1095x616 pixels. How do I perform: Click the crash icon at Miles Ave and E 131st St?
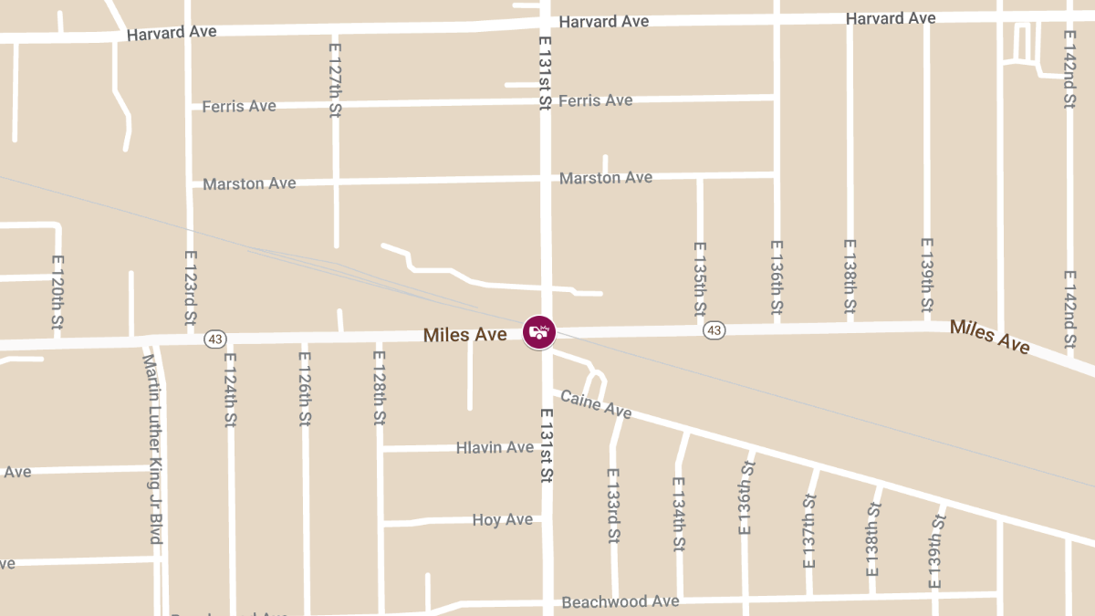(x=539, y=332)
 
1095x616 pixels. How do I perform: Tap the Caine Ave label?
(x=596, y=404)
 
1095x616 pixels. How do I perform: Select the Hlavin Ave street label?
(x=495, y=447)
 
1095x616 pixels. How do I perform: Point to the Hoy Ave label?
(x=502, y=519)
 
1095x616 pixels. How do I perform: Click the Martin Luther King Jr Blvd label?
(x=151, y=448)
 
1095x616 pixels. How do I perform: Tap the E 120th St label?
(x=57, y=292)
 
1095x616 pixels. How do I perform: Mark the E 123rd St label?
(x=190, y=289)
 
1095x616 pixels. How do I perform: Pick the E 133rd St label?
(x=613, y=506)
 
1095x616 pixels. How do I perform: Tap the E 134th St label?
(x=678, y=515)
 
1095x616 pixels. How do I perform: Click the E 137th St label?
(x=808, y=531)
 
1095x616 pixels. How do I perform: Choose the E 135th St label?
(x=700, y=279)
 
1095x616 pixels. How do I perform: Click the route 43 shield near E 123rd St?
(x=214, y=339)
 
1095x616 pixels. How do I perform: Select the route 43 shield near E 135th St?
(x=714, y=329)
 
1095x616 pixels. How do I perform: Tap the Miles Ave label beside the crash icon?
(x=464, y=335)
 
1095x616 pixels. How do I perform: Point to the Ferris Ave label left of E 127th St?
(x=239, y=106)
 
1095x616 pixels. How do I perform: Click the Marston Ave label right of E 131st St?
(x=606, y=177)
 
